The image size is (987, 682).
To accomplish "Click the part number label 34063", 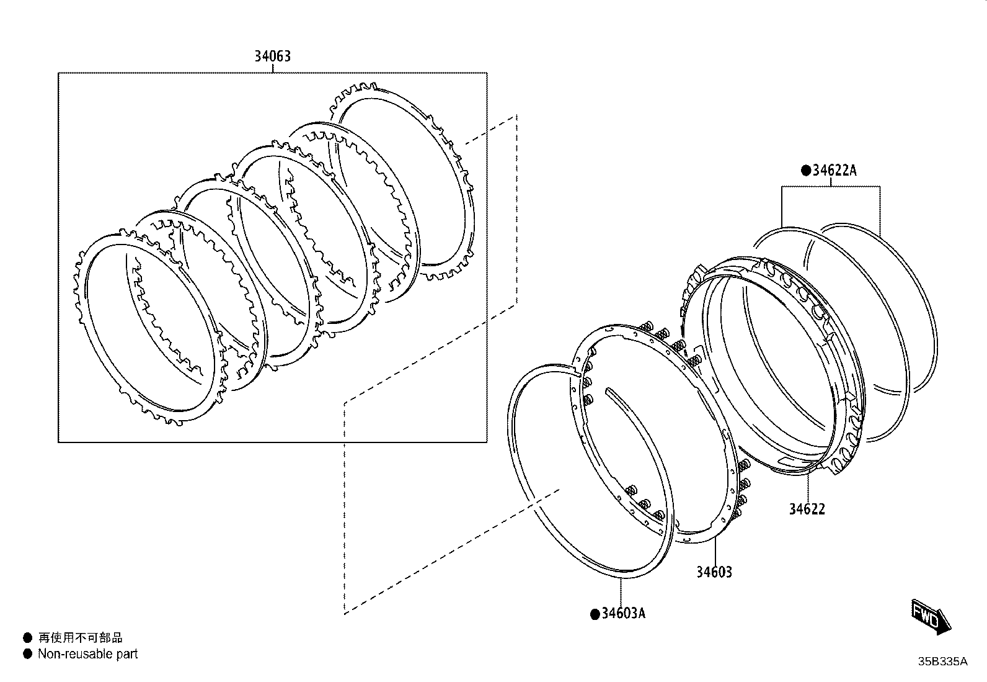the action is click(x=272, y=56).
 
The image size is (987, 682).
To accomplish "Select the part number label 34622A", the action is click(x=834, y=170).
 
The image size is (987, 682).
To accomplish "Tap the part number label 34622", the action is click(x=807, y=509).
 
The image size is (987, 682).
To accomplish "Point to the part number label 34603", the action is click(x=714, y=572).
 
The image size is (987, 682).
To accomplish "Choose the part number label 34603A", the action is click(x=624, y=613).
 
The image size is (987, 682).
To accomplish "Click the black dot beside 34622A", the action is click(x=806, y=171).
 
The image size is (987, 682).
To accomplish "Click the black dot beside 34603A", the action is click(x=595, y=614).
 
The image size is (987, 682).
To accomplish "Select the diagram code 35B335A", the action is click(x=942, y=662).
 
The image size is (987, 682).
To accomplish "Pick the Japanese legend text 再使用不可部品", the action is click(x=80, y=637).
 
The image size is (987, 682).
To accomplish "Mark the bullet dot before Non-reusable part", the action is click(x=28, y=654).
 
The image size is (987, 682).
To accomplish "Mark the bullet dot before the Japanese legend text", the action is click(x=28, y=637).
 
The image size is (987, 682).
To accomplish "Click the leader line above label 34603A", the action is click(x=621, y=591).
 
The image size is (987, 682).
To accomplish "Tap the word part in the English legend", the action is click(x=127, y=654).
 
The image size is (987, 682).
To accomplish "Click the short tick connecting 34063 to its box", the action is click(x=272, y=68).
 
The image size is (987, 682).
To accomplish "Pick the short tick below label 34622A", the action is click(x=831, y=182).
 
